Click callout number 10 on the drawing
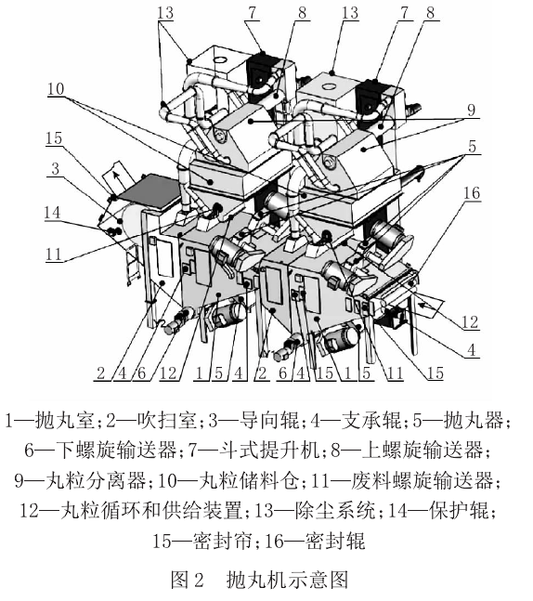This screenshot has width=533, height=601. click(x=58, y=90)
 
